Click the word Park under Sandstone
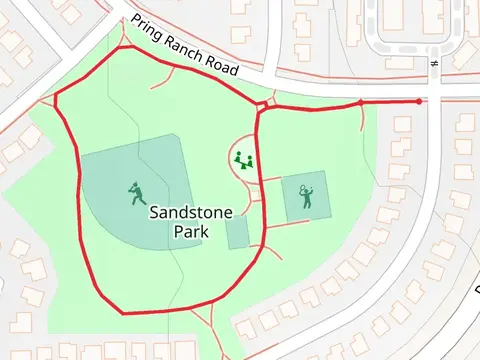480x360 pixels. point(189,232)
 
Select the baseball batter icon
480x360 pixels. point(134,191)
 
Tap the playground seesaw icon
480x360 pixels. point(243,159)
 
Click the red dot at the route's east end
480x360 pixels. point(418,101)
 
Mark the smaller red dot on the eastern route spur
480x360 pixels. point(360,102)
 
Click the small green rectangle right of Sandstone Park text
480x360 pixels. point(237,232)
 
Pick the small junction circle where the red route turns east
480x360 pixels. point(262,105)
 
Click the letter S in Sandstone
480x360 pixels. point(156,212)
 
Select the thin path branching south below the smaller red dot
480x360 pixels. point(363,125)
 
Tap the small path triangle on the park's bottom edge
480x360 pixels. point(204,320)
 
